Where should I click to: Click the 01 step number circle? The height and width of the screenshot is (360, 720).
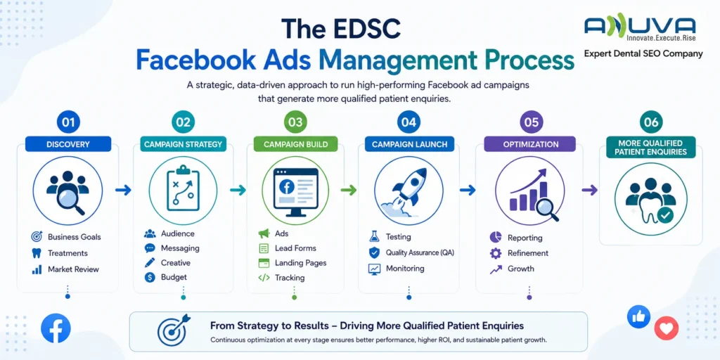tap(68, 122)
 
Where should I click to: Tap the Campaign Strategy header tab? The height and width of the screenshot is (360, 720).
tap(184, 144)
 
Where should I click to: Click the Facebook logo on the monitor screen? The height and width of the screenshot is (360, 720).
tap(287, 187)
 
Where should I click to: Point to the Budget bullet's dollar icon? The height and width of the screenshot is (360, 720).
tap(150, 277)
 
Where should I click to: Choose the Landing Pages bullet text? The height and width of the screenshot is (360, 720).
tap(301, 263)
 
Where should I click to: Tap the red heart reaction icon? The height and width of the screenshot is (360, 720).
tap(667, 328)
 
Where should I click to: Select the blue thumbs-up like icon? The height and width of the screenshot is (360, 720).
tap(638, 317)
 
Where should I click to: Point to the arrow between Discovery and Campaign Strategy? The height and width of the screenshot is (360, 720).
tap(123, 190)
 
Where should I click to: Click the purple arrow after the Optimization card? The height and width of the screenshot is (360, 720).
tap(590, 190)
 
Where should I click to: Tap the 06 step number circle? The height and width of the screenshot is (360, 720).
tap(651, 122)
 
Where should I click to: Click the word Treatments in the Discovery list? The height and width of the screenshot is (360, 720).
tap(67, 253)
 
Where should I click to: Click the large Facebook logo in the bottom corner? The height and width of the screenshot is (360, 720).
tap(56, 328)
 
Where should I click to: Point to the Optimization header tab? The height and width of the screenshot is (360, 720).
tap(529, 144)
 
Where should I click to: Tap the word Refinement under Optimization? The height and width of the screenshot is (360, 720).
tap(528, 253)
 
